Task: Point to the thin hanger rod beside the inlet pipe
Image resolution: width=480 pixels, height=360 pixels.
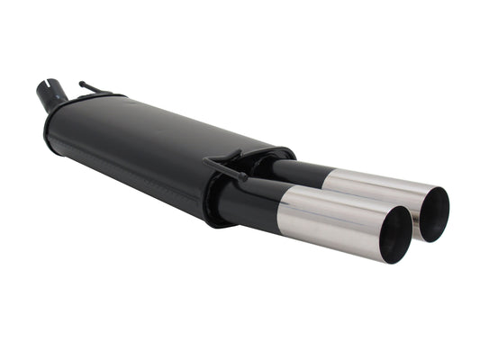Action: click(95, 89)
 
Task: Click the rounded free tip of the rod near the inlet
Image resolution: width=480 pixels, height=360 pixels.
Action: click(82, 84)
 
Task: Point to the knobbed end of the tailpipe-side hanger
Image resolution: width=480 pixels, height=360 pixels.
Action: click(209, 163)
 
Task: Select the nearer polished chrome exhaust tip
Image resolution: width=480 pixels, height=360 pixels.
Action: click(333, 216)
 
